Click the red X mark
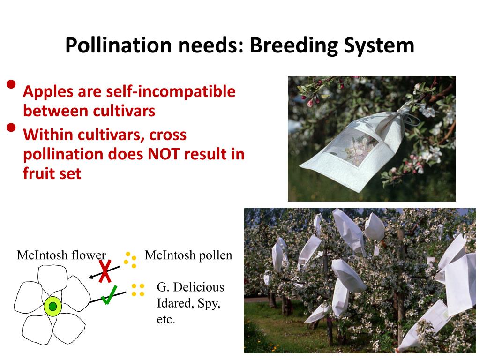click(x=106, y=271)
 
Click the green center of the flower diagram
click(x=52, y=306)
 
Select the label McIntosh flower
click(x=61, y=255)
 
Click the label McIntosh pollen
click(x=188, y=255)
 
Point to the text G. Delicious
click(x=190, y=287)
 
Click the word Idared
click(x=173, y=304)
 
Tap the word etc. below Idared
click(x=166, y=321)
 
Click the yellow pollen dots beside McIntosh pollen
click(x=130, y=259)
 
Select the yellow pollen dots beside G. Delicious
click(x=138, y=290)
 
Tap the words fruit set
click(x=52, y=174)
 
